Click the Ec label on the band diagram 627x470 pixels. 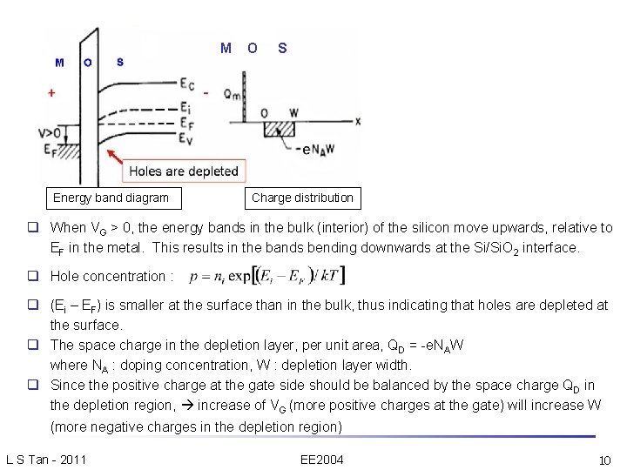[x=187, y=84]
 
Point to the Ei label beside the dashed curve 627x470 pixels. [x=186, y=107]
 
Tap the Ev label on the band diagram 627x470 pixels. [x=187, y=138]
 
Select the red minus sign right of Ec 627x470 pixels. [x=206, y=91]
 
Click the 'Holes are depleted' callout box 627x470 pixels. [x=183, y=171]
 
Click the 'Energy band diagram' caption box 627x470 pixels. [x=111, y=198]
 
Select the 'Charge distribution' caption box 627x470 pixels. [x=302, y=198]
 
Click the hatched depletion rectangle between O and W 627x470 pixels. [x=280, y=129]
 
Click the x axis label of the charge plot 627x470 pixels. [x=358, y=121]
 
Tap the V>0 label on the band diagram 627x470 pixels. [x=50, y=132]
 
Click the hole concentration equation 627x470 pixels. [x=278, y=276]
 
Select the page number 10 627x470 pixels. [x=605, y=459]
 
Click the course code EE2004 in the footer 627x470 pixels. [x=320, y=459]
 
